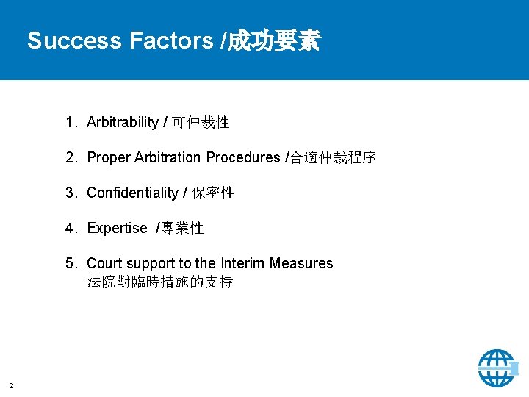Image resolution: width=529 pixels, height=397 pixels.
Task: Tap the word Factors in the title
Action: pos(170,41)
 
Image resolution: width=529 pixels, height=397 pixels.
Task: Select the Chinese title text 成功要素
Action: pos(274,41)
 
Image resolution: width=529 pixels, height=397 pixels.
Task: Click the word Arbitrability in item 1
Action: pos(123,122)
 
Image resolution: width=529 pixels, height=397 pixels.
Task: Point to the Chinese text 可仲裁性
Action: pos(201,122)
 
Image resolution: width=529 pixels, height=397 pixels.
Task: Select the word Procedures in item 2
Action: pos(243,157)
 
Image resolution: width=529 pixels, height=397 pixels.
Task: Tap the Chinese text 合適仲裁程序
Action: pos(333,157)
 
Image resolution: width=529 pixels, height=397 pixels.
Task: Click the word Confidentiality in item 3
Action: pos(132,193)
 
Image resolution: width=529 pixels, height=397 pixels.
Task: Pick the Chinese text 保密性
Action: pos(213,193)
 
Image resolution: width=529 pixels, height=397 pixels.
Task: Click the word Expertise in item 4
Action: pos(117,228)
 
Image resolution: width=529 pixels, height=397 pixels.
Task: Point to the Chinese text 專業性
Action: pos(182,228)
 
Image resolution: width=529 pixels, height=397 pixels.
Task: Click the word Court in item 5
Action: pos(104,263)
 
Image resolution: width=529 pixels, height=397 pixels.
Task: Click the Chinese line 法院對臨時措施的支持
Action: pos(159,282)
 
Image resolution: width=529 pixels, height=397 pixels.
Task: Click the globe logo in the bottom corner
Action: pos(498,367)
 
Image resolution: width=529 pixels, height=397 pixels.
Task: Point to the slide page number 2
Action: pos(11,385)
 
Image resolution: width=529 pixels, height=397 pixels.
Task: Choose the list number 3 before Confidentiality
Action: pos(69,193)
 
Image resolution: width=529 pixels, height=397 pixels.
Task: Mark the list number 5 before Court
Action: pos(69,263)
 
